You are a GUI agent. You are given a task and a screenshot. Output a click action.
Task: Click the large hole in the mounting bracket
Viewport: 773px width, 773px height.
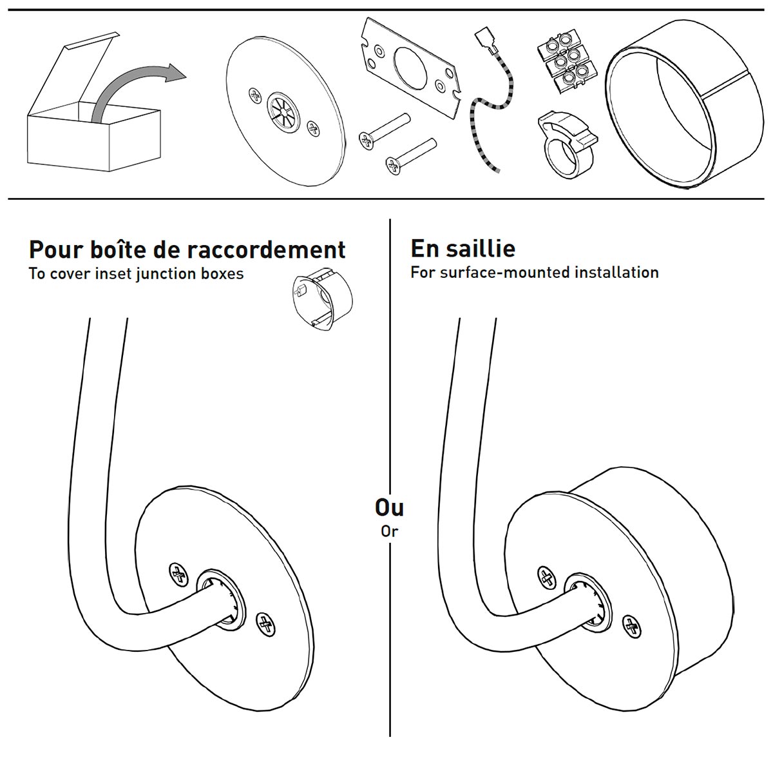point(410,65)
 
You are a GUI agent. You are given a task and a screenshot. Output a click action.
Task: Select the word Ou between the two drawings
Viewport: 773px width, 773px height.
point(389,508)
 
